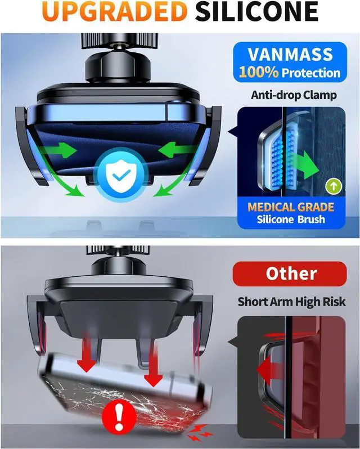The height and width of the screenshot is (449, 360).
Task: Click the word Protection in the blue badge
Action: point(311,73)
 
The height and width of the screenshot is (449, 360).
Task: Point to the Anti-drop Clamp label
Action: point(294,95)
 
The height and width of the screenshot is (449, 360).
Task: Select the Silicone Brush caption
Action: point(291,219)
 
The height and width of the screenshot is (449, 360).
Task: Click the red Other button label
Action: point(291,274)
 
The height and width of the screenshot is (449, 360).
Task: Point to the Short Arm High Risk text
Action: point(291,302)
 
